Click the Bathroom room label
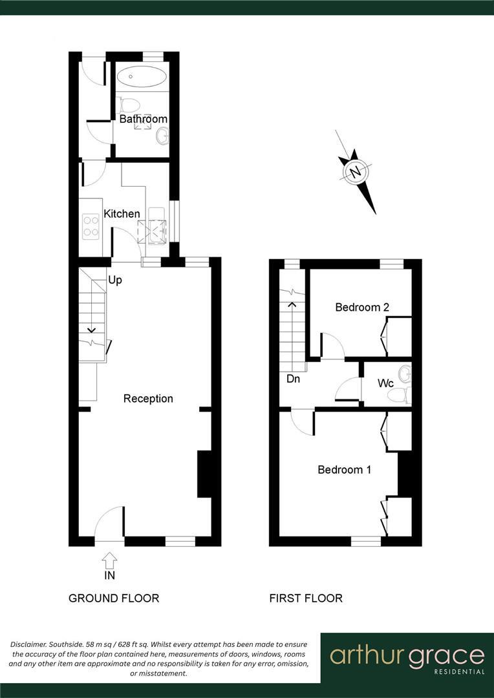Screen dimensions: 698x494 click(143, 119)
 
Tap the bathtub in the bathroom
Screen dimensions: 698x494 click(141, 76)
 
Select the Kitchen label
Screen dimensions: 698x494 click(122, 214)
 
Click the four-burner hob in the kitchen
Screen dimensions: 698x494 click(91, 226)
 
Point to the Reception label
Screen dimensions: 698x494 click(148, 399)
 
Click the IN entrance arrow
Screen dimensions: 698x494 click(109, 560)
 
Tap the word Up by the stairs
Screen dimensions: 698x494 click(115, 280)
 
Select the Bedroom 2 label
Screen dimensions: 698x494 click(361, 308)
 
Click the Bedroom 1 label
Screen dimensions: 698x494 click(344, 470)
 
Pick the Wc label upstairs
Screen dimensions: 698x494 click(386, 383)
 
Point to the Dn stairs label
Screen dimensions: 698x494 click(293, 379)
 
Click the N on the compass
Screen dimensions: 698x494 click(355, 172)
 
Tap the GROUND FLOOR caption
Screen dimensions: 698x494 click(114, 598)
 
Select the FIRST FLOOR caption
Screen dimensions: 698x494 click(306, 598)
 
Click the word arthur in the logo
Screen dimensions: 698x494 click(366, 655)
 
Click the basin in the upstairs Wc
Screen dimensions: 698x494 click(405, 374)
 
